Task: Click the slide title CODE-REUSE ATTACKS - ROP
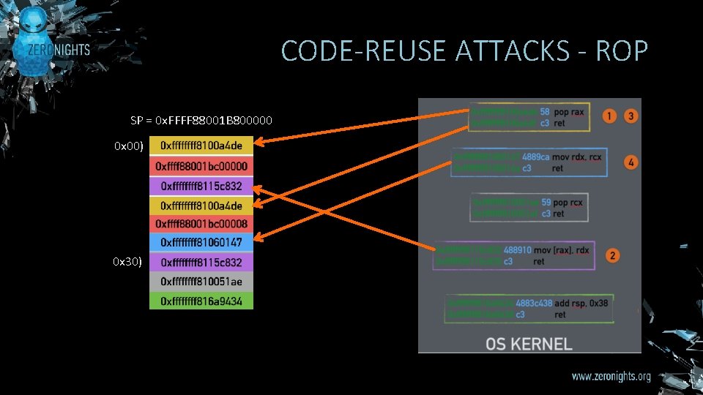tap(464, 51)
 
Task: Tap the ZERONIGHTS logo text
tap(59, 50)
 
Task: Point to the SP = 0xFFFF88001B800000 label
tap(201, 120)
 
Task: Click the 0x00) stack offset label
tap(127, 146)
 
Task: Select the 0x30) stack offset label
tap(127, 261)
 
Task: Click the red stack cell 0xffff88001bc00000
tap(201, 166)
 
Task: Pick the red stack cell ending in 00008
tap(201, 223)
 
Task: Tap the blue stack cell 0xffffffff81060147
tap(201, 242)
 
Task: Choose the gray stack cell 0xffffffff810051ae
tap(201, 281)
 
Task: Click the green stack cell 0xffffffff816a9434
tap(201, 300)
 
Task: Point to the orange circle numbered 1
tap(609, 116)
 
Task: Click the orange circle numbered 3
tap(631, 116)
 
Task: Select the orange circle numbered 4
tap(631, 162)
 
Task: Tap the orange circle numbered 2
tap(613, 255)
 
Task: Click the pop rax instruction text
tap(569, 113)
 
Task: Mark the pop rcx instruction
tap(571, 203)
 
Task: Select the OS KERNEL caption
tap(529, 343)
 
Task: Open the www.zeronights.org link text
tap(611, 377)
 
